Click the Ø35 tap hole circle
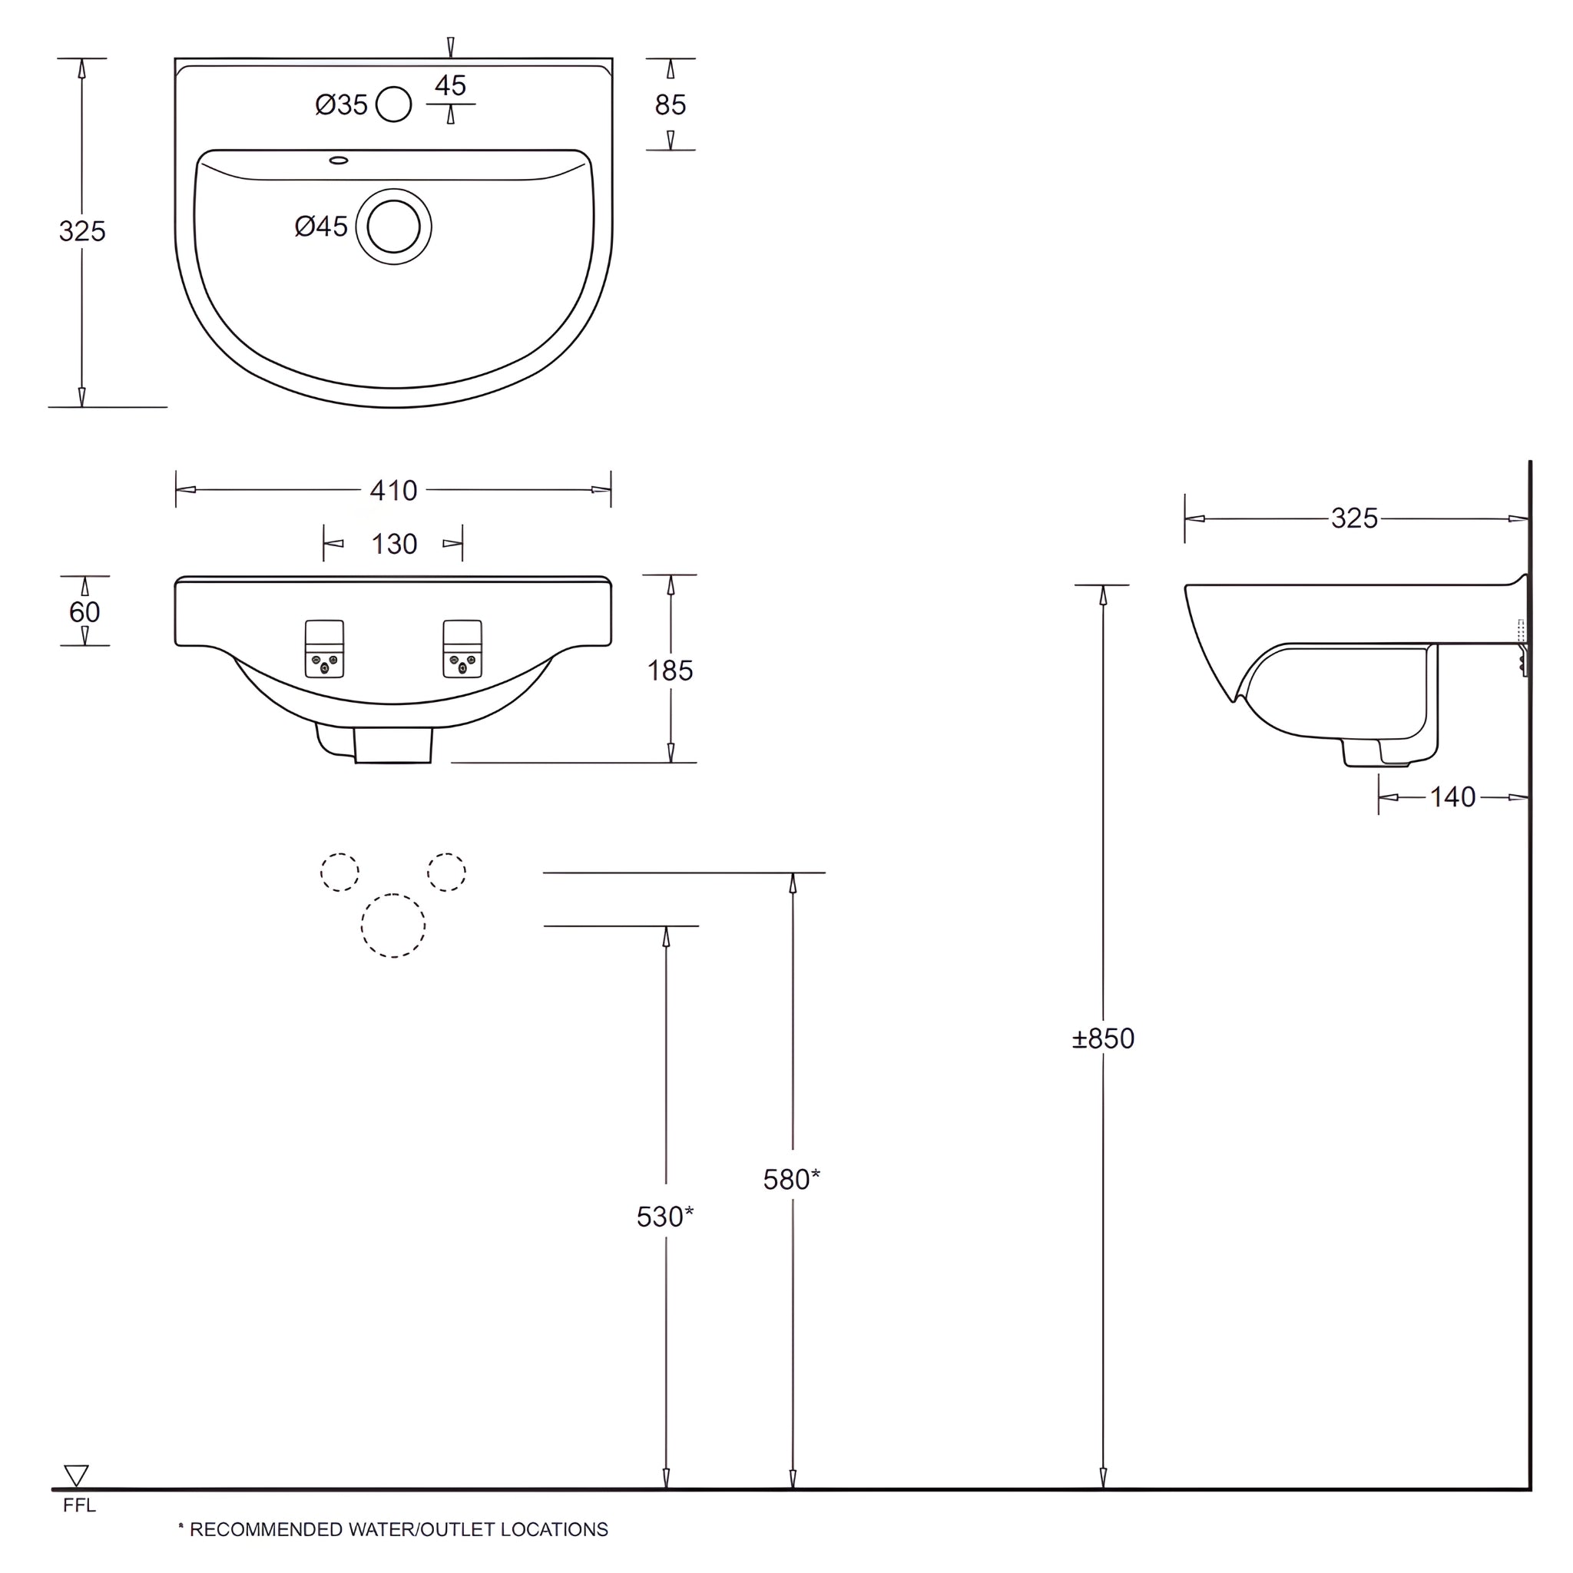click(x=393, y=104)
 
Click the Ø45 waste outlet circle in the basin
click(x=393, y=227)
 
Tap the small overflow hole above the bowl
click(x=338, y=161)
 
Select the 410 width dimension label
click(x=393, y=490)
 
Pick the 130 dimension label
click(x=394, y=544)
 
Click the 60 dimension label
click(x=84, y=611)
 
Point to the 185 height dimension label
click(x=669, y=670)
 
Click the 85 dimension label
click(x=670, y=104)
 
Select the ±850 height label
click(x=1102, y=1038)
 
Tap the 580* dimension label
click(x=790, y=1179)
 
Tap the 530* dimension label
click(x=664, y=1217)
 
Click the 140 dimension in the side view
click(x=1452, y=796)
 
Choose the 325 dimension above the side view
click(x=1354, y=518)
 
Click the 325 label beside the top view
click(x=82, y=231)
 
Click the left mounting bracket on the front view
click(x=324, y=649)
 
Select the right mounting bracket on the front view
click(x=462, y=649)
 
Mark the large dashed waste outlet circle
click(x=393, y=925)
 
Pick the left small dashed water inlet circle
click(x=339, y=872)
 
